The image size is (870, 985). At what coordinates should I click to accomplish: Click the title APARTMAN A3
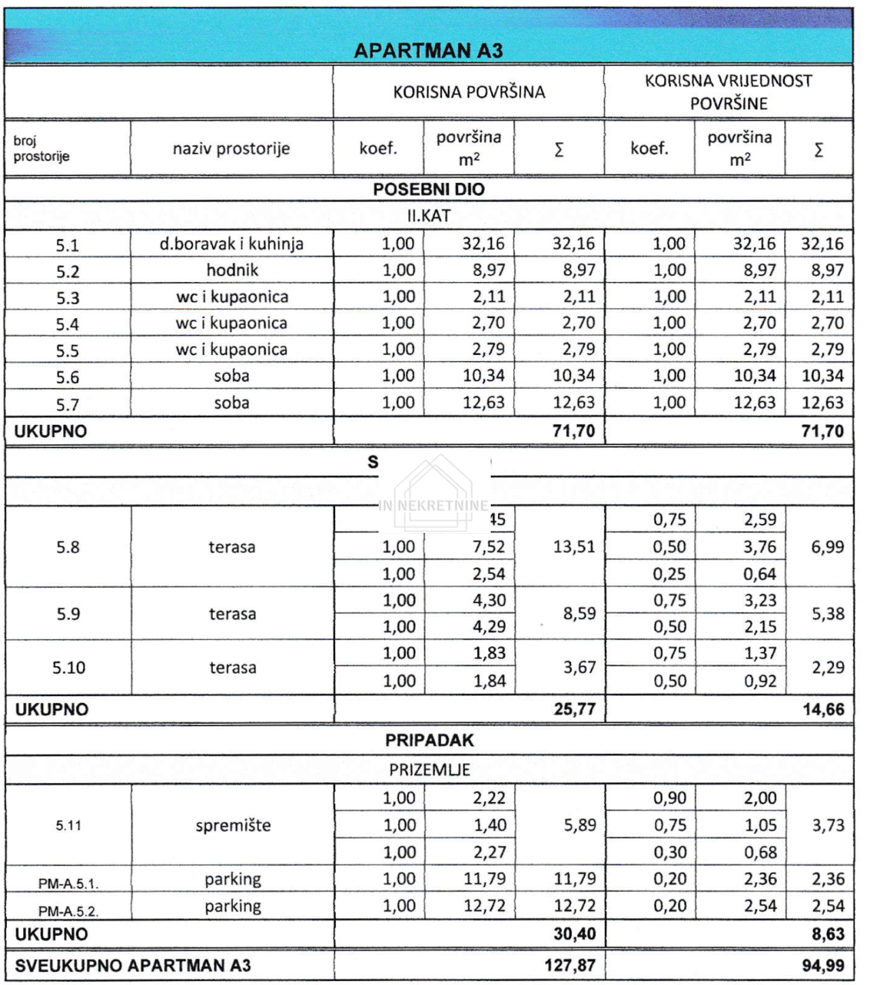(x=428, y=51)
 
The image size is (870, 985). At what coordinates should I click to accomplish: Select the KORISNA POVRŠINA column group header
(x=469, y=92)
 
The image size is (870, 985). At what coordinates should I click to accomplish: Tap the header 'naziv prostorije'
(x=231, y=149)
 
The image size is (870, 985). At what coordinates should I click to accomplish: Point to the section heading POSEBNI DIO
(x=428, y=190)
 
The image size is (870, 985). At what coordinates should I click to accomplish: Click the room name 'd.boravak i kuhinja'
(x=231, y=244)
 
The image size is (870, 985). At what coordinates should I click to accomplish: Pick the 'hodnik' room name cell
(x=232, y=271)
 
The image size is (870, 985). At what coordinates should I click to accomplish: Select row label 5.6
(x=67, y=377)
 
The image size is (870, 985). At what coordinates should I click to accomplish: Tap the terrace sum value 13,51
(x=574, y=547)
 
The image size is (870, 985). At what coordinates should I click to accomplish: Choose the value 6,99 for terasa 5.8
(x=827, y=547)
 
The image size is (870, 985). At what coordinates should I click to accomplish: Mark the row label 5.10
(x=69, y=668)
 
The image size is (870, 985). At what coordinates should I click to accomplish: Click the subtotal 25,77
(x=574, y=710)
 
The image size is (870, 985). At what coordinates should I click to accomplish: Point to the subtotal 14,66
(x=823, y=710)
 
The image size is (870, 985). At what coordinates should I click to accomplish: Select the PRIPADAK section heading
(x=430, y=740)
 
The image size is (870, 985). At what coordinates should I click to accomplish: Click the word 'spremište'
(x=233, y=826)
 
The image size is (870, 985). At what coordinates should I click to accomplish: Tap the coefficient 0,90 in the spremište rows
(x=669, y=798)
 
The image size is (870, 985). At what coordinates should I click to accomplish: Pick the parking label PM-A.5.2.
(x=68, y=911)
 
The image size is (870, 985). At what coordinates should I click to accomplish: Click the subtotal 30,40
(x=574, y=934)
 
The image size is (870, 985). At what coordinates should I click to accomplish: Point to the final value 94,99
(x=823, y=965)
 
